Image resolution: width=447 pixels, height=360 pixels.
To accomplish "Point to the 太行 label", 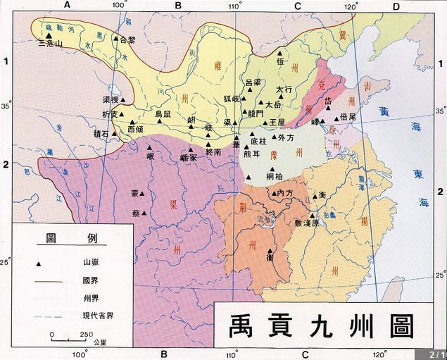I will [x=284, y=90].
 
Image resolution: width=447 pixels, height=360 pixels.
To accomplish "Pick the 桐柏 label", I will [x=275, y=176].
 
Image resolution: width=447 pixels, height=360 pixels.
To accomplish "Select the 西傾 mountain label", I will [x=136, y=129].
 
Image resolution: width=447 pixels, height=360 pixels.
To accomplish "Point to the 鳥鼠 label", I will [x=163, y=113].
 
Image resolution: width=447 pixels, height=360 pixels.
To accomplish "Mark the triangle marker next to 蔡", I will [x=144, y=213].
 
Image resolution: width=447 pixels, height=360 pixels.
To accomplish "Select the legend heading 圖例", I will [x=73, y=238].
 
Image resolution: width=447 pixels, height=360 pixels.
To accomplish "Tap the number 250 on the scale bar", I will [x=87, y=334].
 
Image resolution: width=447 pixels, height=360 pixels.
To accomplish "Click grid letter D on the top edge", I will [x=396, y=6].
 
